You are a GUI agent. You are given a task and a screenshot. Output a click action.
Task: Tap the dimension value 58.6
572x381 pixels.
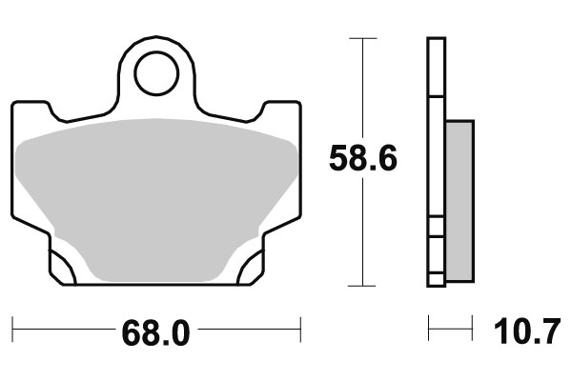[x=363, y=158]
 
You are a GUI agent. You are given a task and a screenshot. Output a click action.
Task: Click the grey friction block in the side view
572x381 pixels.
[x=459, y=201]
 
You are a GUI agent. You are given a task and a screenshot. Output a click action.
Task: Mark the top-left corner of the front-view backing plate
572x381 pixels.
[x=13, y=103]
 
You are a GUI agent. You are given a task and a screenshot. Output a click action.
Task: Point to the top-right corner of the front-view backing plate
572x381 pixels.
[x=299, y=103]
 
